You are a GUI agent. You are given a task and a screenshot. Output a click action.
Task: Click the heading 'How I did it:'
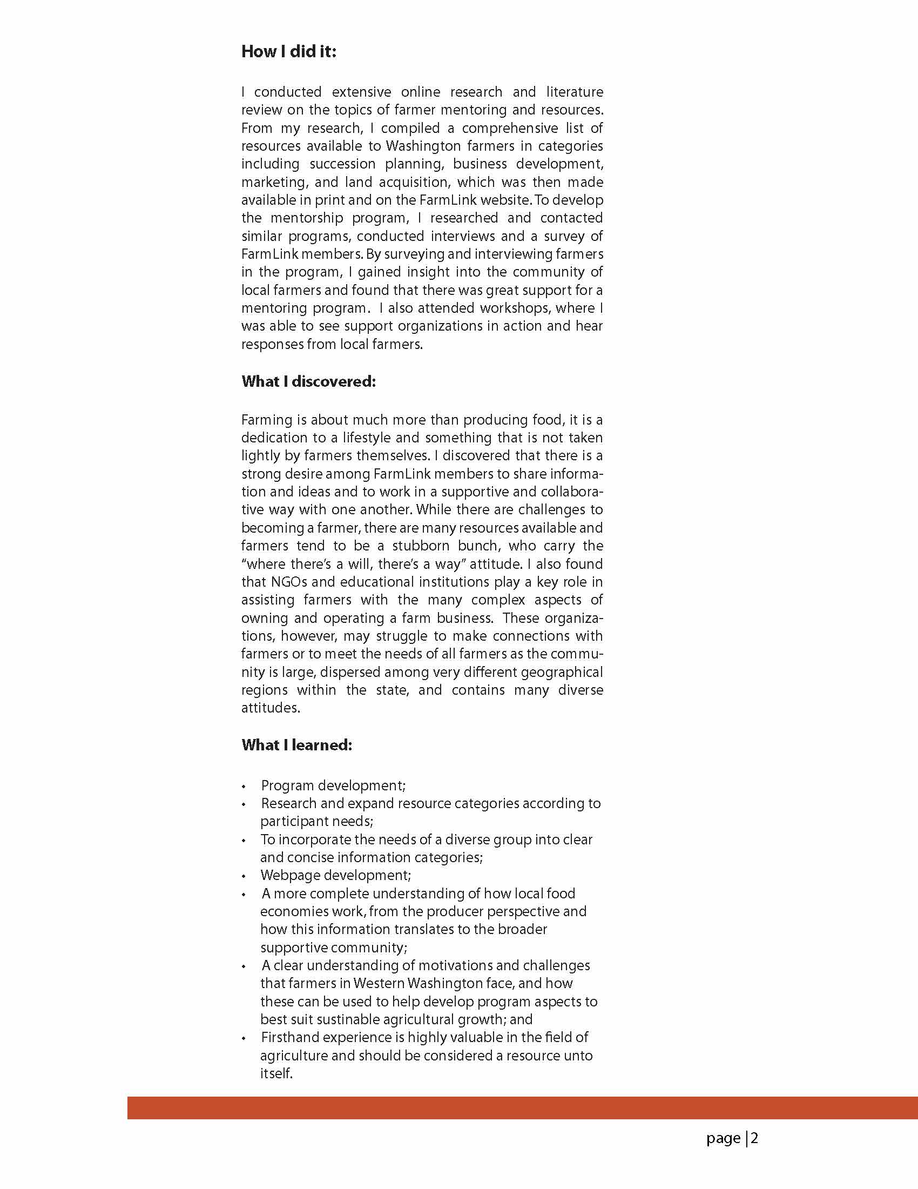click(x=288, y=52)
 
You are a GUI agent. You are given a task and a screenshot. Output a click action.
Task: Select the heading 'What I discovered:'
click(x=308, y=381)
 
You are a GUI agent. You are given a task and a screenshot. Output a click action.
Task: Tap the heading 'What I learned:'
click(x=296, y=745)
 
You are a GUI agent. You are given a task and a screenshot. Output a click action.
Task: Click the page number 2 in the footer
click(x=754, y=1138)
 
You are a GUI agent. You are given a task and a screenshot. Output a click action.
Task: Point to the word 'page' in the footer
click(x=723, y=1138)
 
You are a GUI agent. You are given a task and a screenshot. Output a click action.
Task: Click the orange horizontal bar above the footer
click(x=522, y=1107)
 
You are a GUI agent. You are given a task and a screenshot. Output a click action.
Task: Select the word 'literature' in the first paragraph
click(x=575, y=91)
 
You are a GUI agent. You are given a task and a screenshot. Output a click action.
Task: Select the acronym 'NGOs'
click(x=289, y=582)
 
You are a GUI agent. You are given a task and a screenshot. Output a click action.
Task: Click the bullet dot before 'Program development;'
click(x=244, y=787)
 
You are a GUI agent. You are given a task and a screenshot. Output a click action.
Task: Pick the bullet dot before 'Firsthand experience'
click(x=244, y=1038)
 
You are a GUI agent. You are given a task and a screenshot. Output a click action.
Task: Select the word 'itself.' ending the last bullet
click(x=276, y=1073)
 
